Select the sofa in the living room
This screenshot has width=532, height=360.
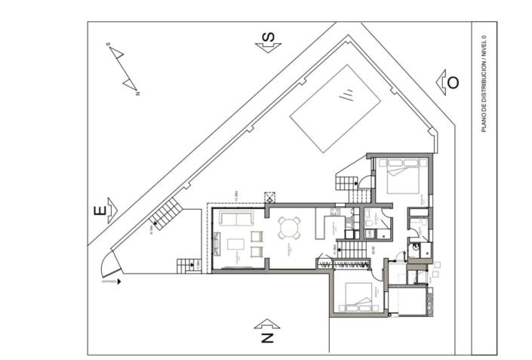pyautogui.click(x=235, y=220)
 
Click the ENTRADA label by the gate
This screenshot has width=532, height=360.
pyautogui.click(x=110, y=282)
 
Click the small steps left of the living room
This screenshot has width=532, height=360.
pyautogui.click(x=186, y=266)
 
